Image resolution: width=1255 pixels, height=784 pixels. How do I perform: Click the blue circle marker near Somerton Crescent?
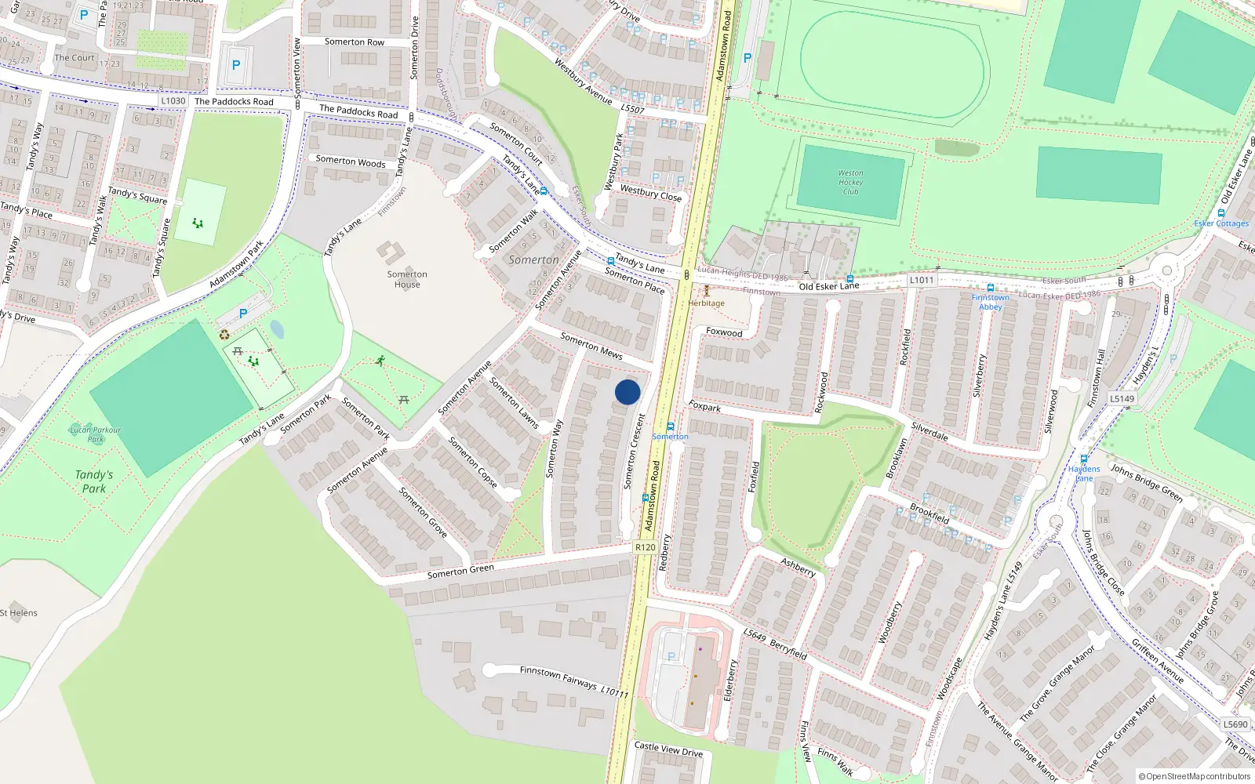coord(627,392)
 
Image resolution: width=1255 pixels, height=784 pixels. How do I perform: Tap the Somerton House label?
coord(407,279)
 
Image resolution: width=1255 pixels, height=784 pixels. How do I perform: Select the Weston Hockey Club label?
coord(850,183)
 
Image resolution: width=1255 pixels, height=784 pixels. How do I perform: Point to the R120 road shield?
coord(645,547)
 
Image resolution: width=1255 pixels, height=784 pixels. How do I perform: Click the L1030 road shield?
coord(173,100)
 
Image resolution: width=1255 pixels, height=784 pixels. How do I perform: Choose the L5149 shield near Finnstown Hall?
coord(1122,398)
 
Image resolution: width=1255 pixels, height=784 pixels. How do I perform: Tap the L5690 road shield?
coord(1235,724)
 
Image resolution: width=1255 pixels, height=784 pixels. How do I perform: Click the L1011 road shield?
coord(922,280)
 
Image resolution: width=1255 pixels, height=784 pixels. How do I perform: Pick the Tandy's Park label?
coord(94,481)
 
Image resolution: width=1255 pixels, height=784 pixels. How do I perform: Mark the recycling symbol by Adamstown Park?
coord(225,335)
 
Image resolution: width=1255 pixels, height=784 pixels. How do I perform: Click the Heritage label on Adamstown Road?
coord(707,303)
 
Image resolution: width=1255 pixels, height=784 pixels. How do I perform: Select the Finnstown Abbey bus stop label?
coord(991,302)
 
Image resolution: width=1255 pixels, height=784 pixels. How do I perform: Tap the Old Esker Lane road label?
coord(828,286)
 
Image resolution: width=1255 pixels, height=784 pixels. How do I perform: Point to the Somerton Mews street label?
coord(591,346)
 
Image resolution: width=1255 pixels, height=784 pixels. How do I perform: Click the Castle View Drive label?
coord(668,750)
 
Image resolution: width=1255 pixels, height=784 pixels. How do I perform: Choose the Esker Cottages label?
coord(1221,223)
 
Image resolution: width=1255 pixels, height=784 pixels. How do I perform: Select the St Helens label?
coord(19,613)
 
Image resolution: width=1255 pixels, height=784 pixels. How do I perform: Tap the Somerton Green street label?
coord(460,571)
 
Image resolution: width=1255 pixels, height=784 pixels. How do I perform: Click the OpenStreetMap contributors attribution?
coord(1195,776)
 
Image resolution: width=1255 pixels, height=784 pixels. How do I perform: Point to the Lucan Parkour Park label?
coord(96,434)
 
